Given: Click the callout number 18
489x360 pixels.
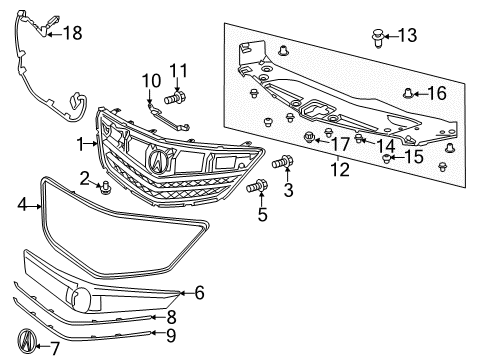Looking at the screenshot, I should pyautogui.click(x=72, y=33).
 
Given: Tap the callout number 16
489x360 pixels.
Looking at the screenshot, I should pyautogui.click(x=437, y=94).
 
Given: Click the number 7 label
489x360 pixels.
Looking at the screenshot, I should pyautogui.click(x=55, y=348).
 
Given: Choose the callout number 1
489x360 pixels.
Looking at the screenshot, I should pyautogui.click(x=80, y=143).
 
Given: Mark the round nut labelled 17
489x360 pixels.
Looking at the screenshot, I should pyautogui.click(x=309, y=137).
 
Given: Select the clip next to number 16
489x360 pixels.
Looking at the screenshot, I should pyautogui.click(x=409, y=95).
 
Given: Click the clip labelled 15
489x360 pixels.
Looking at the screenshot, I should pyautogui.click(x=387, y=157).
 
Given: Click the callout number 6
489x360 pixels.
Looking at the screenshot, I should pyautogui.click(x=199, y=293).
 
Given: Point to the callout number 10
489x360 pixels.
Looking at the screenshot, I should pyautogui.click(x=150, y=80).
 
